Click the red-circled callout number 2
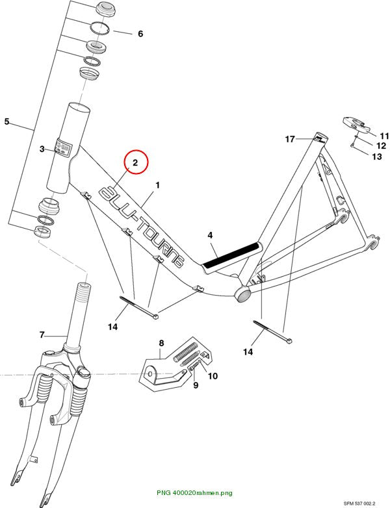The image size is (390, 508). click(135, 162)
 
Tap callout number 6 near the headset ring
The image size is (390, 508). click(140, 34)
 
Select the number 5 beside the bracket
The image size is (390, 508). click(6, 122)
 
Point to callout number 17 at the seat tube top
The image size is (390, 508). click(290, 139)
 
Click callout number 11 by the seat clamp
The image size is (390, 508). click(384, 136)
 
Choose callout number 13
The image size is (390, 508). click(377, 157)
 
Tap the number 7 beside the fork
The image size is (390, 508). click(42, 335)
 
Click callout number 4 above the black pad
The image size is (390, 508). click(210, 235)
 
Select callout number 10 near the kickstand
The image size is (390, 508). click(213, 376)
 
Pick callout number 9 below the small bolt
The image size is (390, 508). click(196, 385)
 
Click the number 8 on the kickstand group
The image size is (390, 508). click(161, 343)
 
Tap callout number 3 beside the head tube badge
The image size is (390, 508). click(42, 149)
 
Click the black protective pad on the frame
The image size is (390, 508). click(231, 255)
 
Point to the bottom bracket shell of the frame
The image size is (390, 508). click(243, 294)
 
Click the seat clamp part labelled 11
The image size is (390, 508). click(356, 124)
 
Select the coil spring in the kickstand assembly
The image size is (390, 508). click(186, 353)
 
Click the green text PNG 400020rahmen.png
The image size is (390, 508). click(194, 493)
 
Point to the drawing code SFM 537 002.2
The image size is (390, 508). click(359, 503)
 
